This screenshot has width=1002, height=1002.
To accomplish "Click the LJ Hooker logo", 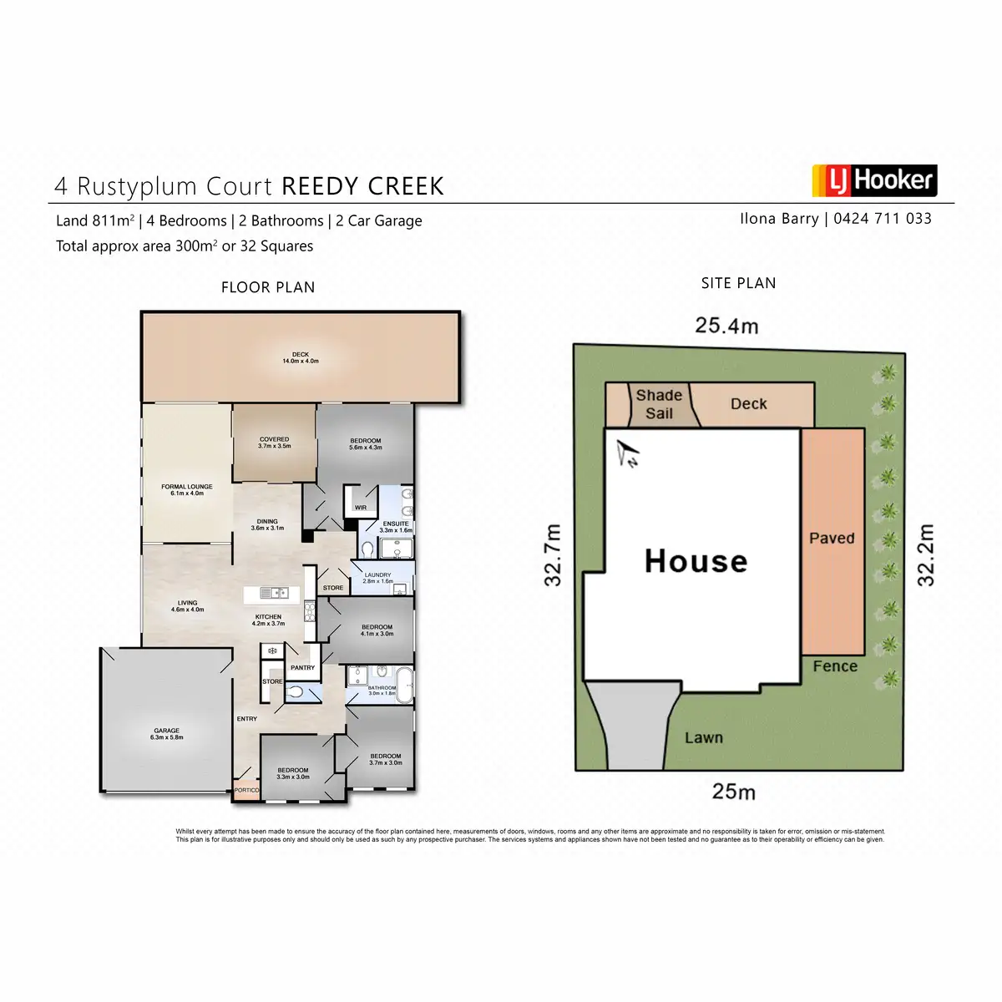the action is click(x=874, y=180).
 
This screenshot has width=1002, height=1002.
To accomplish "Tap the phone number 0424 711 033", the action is click(x=883, y=219).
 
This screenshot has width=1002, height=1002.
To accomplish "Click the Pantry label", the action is click(x=302, y=668).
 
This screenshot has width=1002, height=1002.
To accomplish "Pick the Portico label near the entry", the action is click(x=246, y=790).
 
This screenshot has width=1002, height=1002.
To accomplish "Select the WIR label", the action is click(x=361, y=508).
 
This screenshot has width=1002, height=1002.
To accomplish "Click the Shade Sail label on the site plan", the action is click(x=659, y=404).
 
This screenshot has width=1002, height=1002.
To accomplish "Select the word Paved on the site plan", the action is click(x=832, y=539).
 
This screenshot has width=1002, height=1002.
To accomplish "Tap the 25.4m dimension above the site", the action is click(x=726, y=326).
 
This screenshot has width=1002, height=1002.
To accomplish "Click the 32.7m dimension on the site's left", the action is click(x=554, y=555).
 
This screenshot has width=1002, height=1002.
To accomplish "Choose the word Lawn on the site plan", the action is click(x=704, y=738).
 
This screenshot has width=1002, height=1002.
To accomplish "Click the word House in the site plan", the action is click(x=696, y=561).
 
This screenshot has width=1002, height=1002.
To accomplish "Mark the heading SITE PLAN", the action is click(x=738, y=283).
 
